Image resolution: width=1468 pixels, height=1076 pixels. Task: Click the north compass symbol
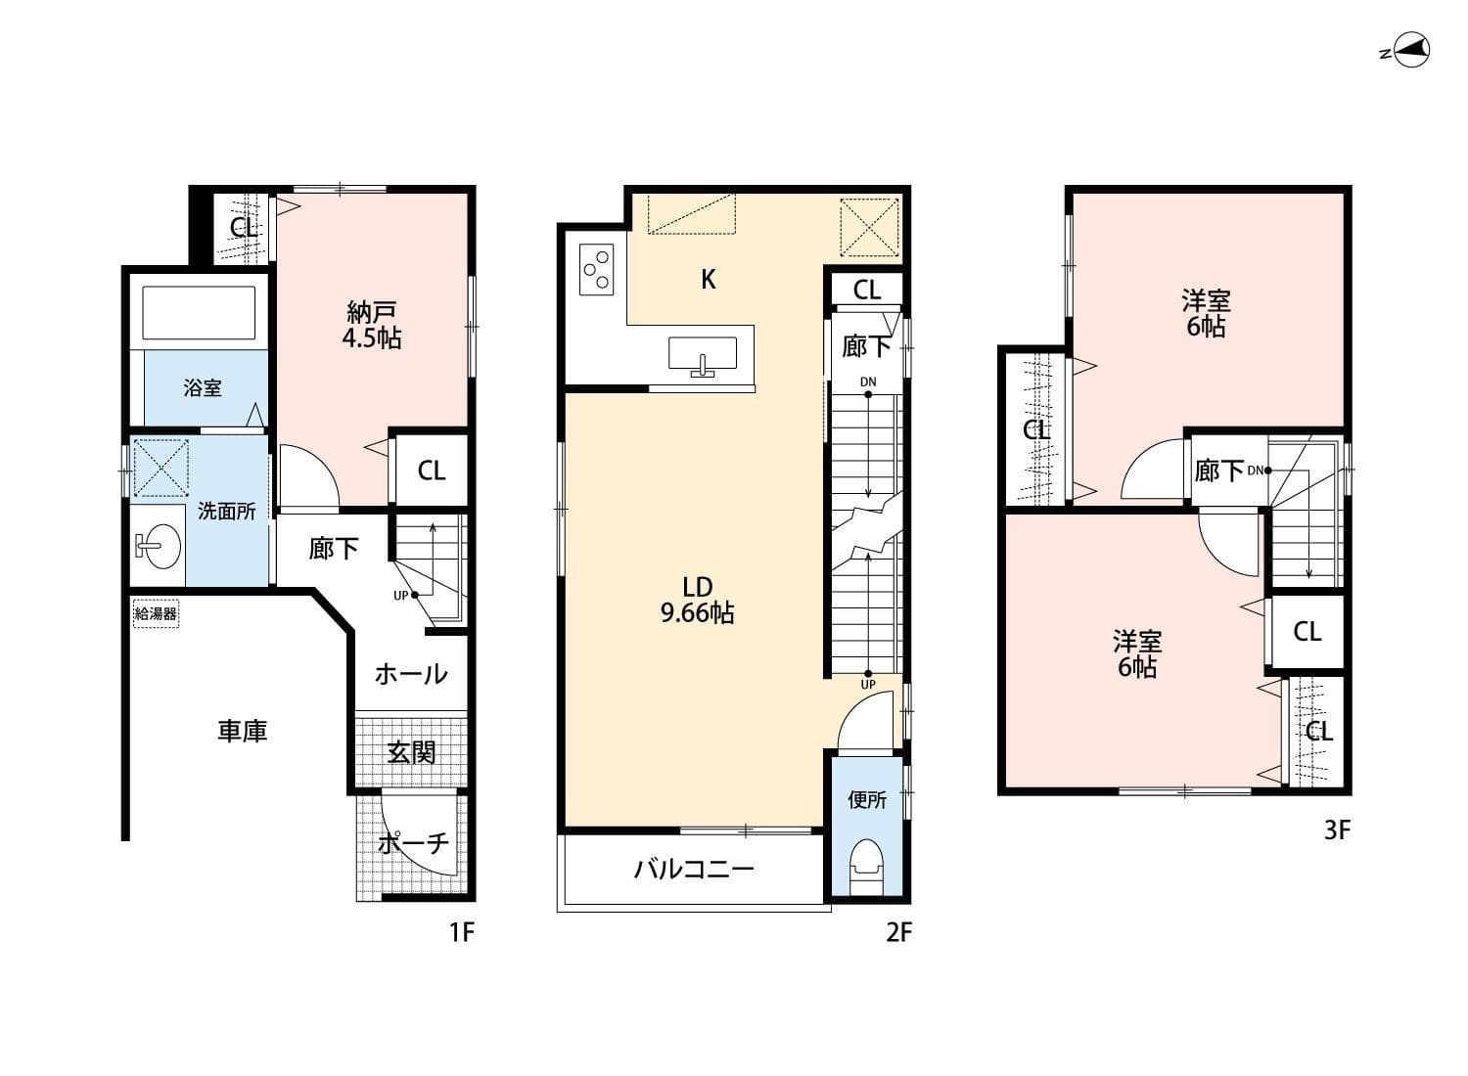pos(1410,51)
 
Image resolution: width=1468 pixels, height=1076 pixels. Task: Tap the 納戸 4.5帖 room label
pos(373,326)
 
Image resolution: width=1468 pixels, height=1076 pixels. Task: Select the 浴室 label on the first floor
pos(203,388)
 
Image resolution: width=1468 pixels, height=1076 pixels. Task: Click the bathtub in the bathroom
pos(200,312)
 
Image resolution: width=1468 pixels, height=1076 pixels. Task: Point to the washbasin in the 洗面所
pos(158,545)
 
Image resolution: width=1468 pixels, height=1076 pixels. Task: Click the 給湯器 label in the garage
pos(156,615)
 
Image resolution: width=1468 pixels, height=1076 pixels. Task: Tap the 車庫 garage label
pos(242,731)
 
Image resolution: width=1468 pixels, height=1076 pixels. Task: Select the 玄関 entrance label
pos(411,752)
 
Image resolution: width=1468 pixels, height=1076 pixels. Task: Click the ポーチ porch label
pos(414,843)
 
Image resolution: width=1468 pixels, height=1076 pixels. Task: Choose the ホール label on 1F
pos(411,674)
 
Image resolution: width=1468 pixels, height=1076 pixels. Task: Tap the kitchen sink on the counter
pos(703,355)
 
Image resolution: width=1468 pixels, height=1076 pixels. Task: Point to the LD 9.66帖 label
pos(697,601)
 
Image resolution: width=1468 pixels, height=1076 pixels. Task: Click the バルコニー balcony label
pos(693,869)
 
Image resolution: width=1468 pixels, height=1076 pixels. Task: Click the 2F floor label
pos(898,932)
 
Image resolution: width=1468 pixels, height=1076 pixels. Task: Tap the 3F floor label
pos(1337,830)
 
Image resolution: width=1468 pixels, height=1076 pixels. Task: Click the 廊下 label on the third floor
pos(1219,471)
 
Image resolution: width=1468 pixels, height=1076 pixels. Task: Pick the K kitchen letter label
pos(709,280)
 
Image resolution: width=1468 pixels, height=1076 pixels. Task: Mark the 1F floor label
pos(461,932)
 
